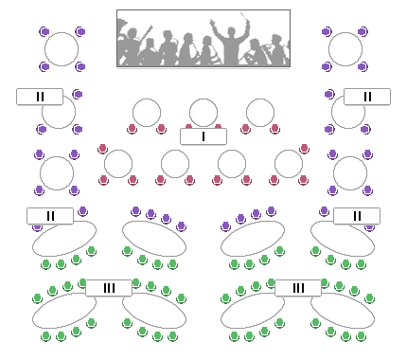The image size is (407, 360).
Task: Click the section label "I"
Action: click(203, 136)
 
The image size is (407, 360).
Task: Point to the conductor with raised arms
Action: click(230, 41)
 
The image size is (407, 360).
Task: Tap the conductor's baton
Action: click(248, 16)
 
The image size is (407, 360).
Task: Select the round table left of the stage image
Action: click(62, 49)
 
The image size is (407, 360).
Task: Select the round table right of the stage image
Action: click(345, 49)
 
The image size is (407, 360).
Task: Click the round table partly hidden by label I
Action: click(203, 114)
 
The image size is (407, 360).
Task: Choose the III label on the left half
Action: click(109, 288)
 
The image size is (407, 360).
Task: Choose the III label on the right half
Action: click(298, 288)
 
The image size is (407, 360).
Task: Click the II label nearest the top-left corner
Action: click(40, 97)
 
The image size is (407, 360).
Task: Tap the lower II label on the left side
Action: click(50, 216)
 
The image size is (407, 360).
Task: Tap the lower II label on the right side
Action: click(357, 216)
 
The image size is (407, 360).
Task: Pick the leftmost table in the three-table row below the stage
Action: click(147, 113)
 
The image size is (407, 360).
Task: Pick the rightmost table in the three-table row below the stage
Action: click(260, 113)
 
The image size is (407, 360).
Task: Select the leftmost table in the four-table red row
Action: click(118, 164)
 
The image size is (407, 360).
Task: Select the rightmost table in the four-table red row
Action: click(289, 164)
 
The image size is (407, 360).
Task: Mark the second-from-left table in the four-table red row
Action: click(175, 164)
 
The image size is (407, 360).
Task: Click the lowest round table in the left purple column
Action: click(57, 172)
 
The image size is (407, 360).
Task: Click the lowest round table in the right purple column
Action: click(350, 172)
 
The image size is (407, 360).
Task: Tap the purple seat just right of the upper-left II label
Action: click(78, 95)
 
